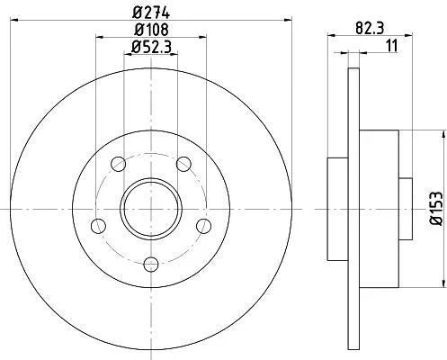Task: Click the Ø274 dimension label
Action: coord(151,13)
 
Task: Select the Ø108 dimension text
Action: coord(151,30)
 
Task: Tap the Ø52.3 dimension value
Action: coord(151,47)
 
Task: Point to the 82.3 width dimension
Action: coord(370,29)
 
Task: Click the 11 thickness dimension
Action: coord(391,46)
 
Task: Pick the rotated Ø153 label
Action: coord(436,208)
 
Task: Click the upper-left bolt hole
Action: coord(118,164)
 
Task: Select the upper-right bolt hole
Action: coord(183,164)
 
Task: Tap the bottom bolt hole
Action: coord(151,265)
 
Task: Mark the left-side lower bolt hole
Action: coord(98,226)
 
